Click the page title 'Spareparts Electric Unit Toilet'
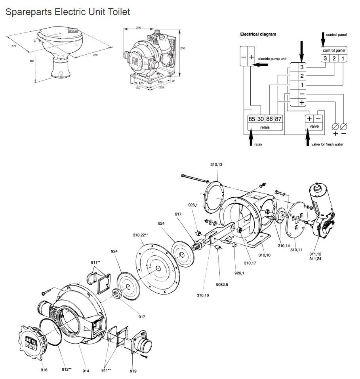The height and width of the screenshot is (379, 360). click(x=67, y=12)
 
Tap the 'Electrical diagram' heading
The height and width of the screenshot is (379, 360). click(x=258, y=34)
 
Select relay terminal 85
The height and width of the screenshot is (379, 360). click(x=251, y=119)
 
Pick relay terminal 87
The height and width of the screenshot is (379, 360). click(x=278, y=119)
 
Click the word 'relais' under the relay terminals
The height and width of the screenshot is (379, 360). click(x=265, y=127)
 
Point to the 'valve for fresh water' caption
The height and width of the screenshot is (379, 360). click(x=328, y=144)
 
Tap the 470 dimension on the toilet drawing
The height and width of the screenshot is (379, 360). click(x=14, y=46)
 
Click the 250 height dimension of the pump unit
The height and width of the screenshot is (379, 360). click(x=183, y=48)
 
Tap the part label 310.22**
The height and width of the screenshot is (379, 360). click(x=140, y=235)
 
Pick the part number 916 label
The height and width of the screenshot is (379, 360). click(x=44, y=370)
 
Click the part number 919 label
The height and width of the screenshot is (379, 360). click(x=133, y=371)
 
